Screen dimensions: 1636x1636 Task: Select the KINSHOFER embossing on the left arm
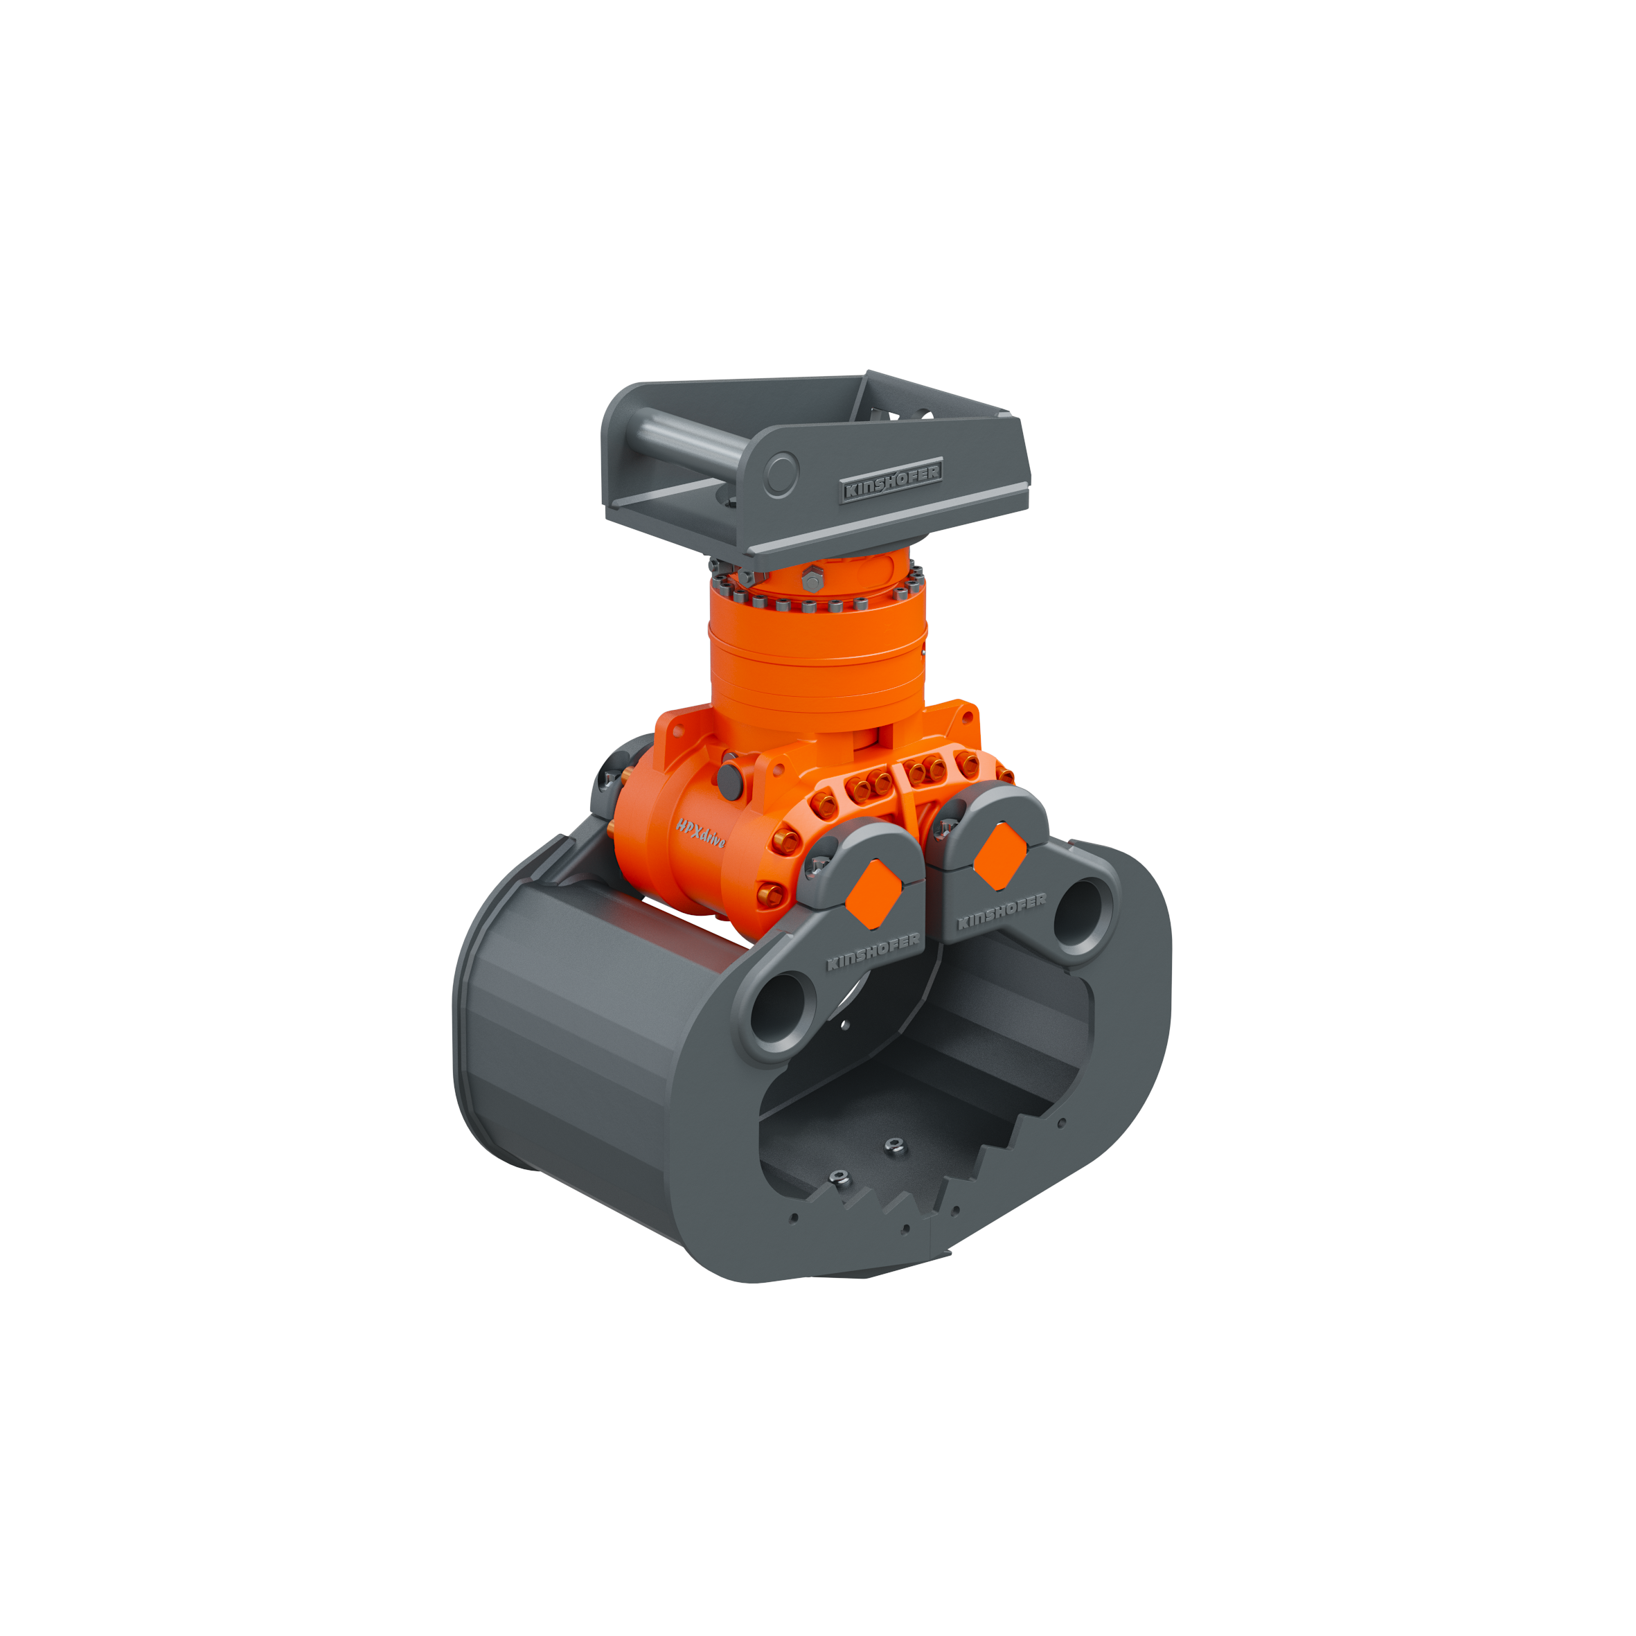(872, 951)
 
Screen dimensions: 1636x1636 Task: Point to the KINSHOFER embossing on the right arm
(1001, 911)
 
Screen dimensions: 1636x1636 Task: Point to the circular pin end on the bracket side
(781, 474)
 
